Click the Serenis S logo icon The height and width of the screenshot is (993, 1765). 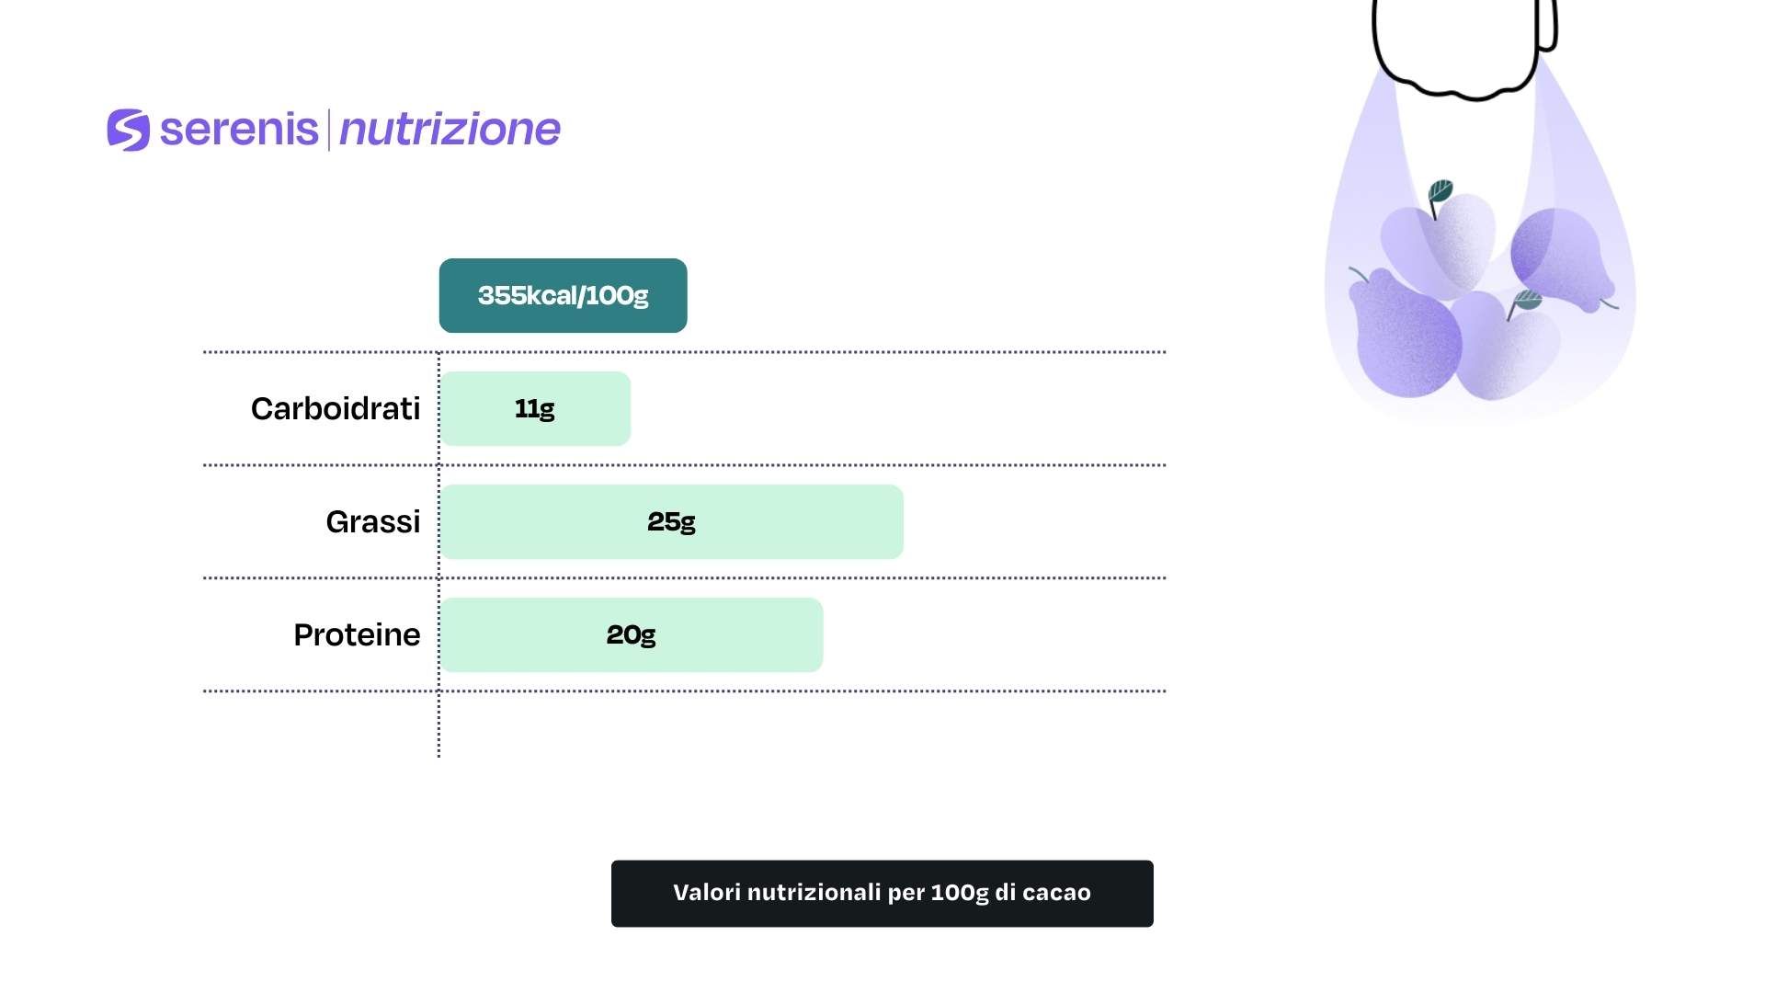129,130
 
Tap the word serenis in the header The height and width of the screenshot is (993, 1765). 239,129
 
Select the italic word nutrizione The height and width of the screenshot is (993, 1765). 450,130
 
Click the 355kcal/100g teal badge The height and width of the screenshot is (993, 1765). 563,295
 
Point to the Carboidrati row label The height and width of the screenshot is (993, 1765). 336,408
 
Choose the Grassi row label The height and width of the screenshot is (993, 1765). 373,521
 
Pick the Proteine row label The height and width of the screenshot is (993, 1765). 357,634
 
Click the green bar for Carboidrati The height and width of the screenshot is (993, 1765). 535,408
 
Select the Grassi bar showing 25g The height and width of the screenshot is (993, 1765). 671,521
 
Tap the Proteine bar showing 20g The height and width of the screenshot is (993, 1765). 632,634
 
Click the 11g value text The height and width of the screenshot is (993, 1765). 535,408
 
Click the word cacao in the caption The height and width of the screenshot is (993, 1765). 1056,893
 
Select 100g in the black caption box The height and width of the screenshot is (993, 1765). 960,894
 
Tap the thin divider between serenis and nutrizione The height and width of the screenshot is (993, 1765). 328,130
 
